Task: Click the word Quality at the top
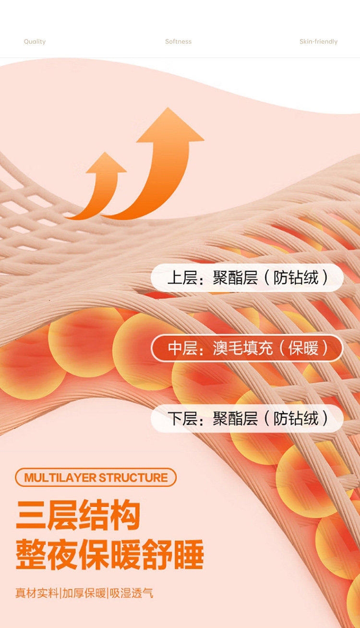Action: (35, 42)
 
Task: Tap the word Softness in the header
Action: (178, 41)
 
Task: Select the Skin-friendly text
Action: (319, 42)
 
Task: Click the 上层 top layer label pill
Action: (247, 278)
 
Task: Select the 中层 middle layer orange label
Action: (247, 348)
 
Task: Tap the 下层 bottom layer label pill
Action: (247, 418)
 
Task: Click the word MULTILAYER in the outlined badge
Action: (60, 478)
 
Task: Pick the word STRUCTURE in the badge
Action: (133, 478)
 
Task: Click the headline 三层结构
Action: (78, 516)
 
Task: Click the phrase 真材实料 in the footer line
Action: (37, 593)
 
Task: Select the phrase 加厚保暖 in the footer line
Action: (84, 593)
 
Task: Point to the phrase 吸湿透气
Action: (131, 593)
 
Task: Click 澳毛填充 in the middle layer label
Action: (243, 348)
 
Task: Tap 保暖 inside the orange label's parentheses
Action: (303, 348)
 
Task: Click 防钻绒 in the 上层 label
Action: (296, 278)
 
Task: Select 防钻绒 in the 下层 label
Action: (296, 418)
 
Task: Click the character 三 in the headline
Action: (31, 516)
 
